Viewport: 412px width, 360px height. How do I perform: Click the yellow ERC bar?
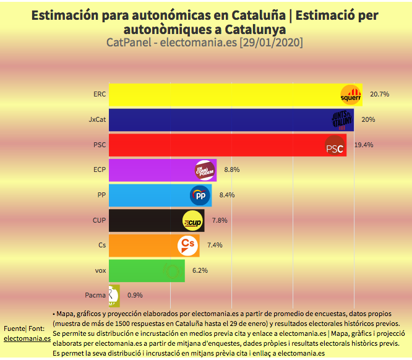point(223,95)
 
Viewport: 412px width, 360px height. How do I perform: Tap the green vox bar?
point(146,270)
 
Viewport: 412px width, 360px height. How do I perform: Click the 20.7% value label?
point(379,95)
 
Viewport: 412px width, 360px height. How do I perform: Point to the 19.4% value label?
point(364,145)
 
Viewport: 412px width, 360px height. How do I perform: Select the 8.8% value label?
point(231,169)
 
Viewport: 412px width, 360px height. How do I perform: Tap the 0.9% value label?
point(135,296)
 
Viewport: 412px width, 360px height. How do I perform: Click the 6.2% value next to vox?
point(200,270)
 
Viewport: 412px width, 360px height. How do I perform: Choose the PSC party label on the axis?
point(100,145)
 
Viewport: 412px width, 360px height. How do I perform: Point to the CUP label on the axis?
point(99,220)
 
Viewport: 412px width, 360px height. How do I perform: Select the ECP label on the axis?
point(99,169)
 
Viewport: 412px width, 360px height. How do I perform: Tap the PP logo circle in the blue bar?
point(200,195)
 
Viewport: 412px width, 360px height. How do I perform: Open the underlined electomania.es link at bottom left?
point(27,338)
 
